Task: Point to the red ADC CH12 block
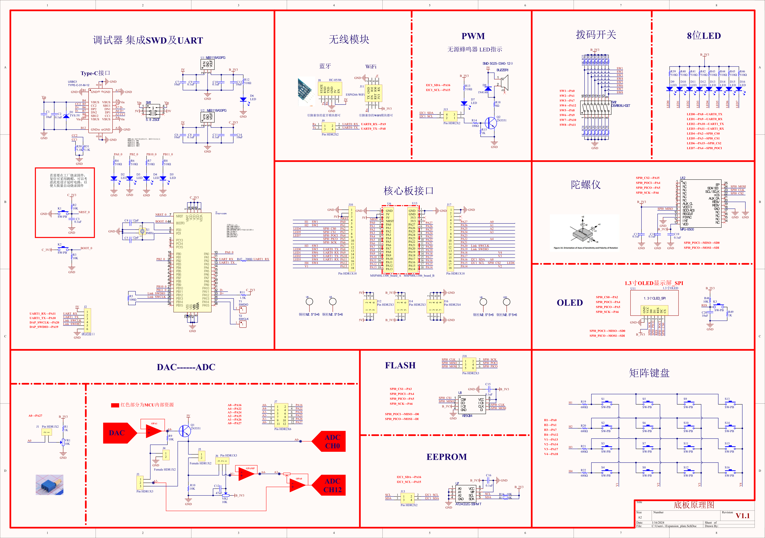(330, 485)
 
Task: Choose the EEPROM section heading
(446, 457)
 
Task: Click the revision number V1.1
(742, 516)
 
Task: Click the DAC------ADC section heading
(186, 367)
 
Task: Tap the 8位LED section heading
(704, 36)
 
